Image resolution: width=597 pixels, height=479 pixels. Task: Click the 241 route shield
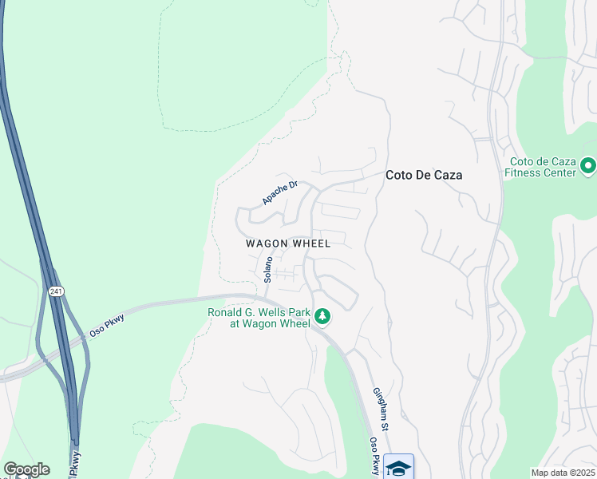click(55, 291)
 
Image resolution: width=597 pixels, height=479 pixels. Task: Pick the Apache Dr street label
click(279, 192)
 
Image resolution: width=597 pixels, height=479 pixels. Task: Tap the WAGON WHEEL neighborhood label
click(287, 243)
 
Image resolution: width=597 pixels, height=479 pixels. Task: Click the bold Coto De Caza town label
click(424, 175)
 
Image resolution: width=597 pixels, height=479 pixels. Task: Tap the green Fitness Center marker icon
click(589, 166)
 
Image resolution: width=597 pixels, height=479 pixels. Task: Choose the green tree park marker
click(322, 317)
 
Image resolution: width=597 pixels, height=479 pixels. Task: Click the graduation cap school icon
click(398, 467)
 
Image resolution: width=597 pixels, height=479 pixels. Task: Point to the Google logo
click(26, 469)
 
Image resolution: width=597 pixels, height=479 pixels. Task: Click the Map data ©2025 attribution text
click(563, 473)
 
